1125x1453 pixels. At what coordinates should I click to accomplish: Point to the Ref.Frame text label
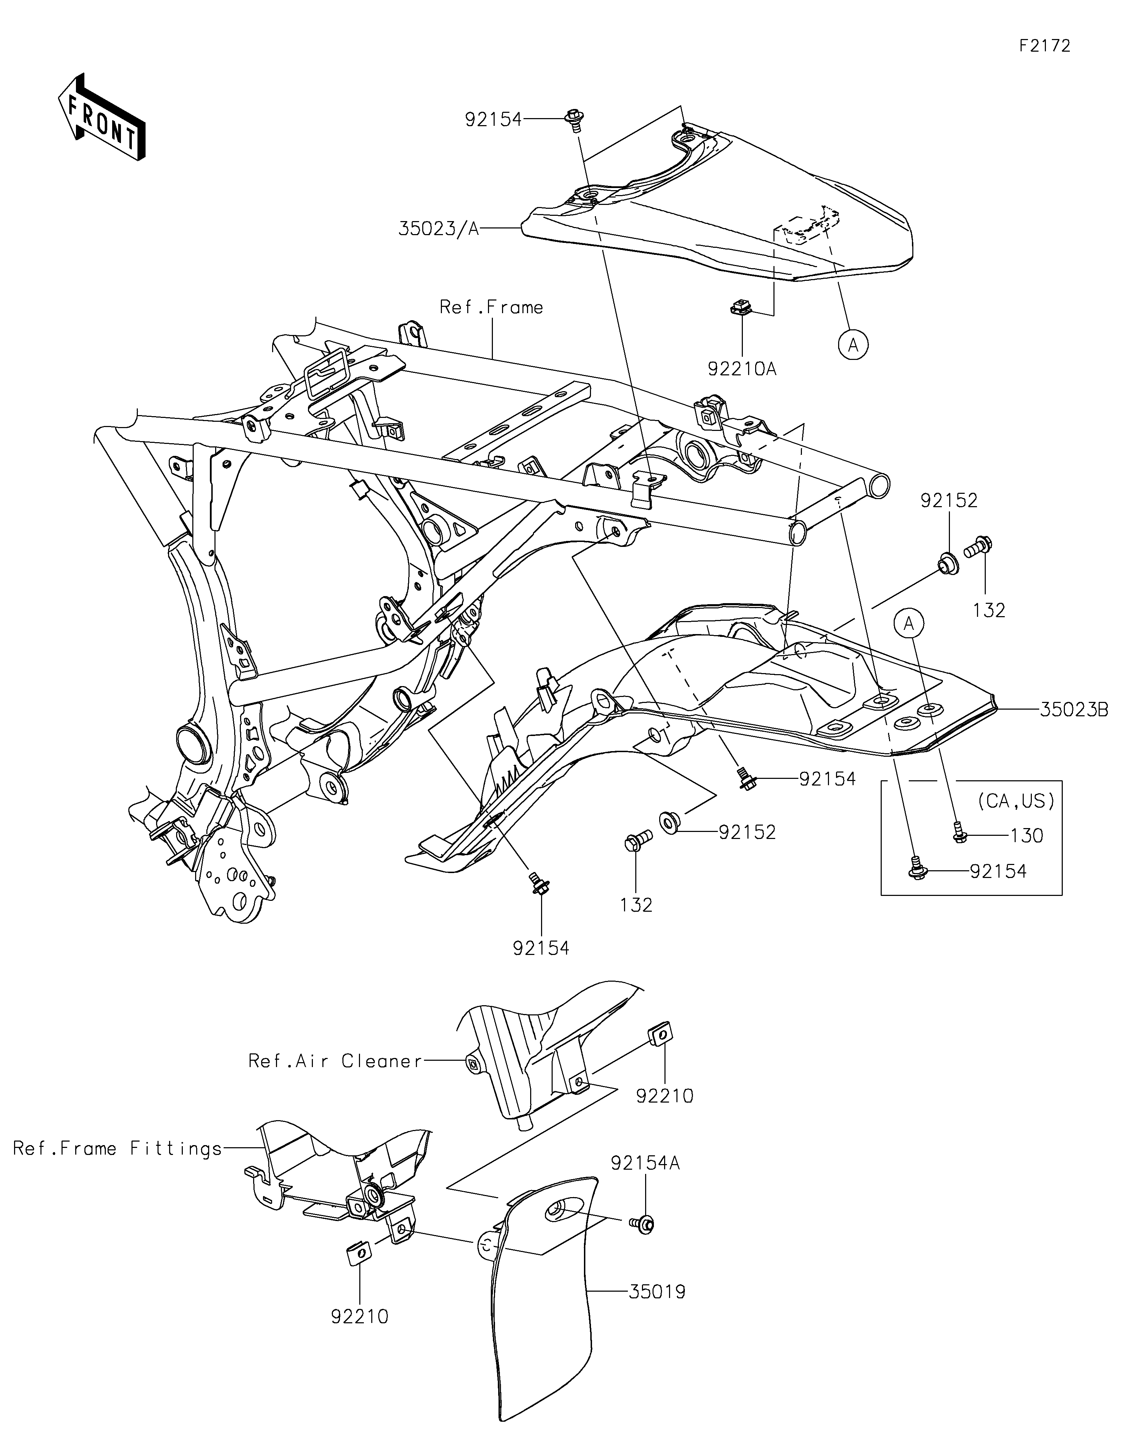click(491, 307)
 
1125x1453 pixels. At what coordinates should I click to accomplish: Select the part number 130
click(1027, 835)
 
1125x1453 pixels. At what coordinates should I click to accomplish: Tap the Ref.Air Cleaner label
click(335, 1061)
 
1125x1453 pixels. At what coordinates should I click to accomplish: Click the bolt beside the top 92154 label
click(573, 120)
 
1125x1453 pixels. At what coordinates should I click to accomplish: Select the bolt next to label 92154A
click(643, 1222)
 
